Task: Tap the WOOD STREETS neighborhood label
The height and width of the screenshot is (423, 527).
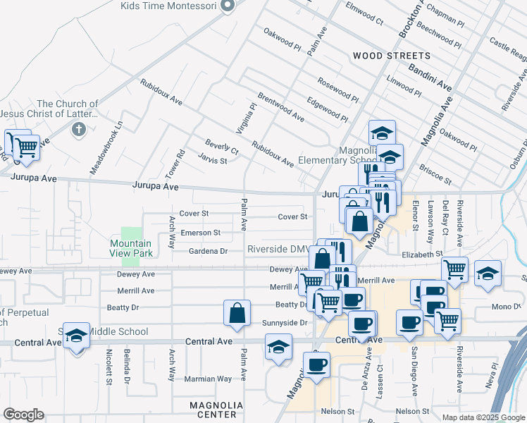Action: click(x=391, y=56)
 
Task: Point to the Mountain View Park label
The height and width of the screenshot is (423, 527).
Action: click(x=130, y=248)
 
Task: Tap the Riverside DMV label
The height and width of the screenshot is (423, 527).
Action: click(x=278, y=250)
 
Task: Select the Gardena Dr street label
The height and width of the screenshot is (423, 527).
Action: click(x=209, y=251)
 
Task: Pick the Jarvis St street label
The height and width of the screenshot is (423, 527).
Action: click(x=212, y=160)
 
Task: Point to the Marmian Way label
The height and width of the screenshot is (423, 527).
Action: click(x=208, y=379)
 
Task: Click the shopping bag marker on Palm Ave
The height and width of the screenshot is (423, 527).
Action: click(x=237, y=314)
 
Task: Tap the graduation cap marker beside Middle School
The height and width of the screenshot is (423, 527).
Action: click(x=76, y=336)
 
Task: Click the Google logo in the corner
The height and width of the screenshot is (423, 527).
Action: click(x=23, y=415)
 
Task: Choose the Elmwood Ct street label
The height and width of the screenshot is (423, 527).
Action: click(x=364, y=14)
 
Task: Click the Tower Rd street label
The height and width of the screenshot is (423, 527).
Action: click(x=180, y=163)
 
